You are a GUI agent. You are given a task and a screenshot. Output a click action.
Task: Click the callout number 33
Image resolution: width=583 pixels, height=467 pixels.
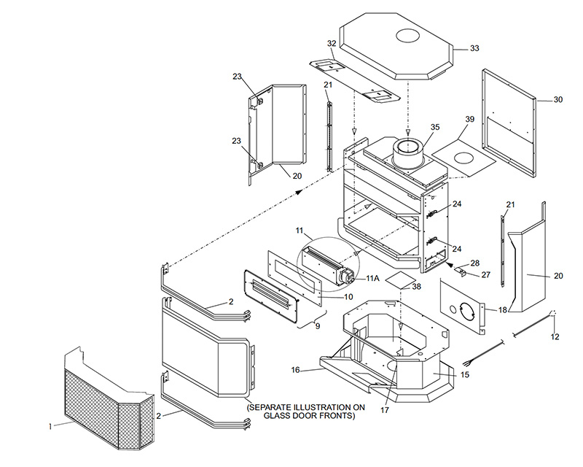(x=474, y=48)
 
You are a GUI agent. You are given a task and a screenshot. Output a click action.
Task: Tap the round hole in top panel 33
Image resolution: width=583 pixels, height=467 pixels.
(x=406, y=36)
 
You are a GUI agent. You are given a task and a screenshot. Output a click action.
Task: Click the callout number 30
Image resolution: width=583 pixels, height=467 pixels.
(x=557, y=100)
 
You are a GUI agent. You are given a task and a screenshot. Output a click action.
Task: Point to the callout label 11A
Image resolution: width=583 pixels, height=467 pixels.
(x=372, y=279)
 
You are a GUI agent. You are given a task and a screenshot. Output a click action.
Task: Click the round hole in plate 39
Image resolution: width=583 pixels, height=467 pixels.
(x=460, y=157)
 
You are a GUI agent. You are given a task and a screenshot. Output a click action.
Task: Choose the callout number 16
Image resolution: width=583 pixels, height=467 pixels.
(x=296, y=370)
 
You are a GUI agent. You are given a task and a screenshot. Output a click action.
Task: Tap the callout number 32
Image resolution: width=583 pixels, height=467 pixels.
(x=332, y=44)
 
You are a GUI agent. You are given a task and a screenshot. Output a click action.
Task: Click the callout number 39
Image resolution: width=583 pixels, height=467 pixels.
(x=469, y=119)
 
